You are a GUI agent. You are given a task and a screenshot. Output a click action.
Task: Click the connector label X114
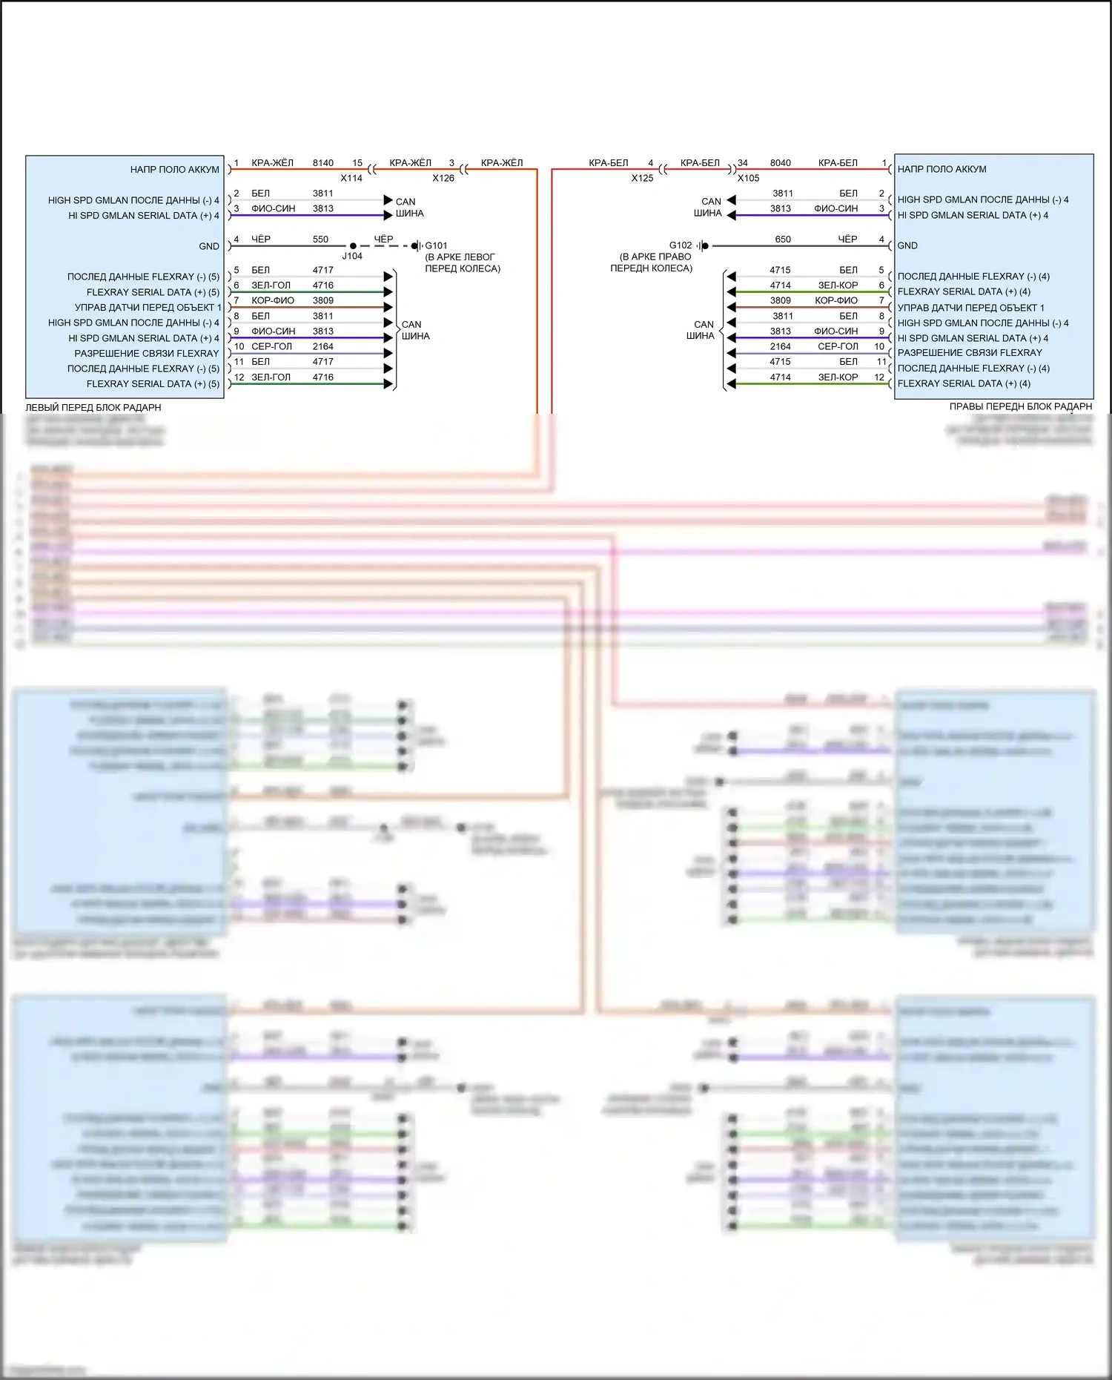click(351, 178)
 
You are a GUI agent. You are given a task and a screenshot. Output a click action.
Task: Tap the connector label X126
click(443, 178)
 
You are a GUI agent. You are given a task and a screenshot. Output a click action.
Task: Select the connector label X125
click(642, 178)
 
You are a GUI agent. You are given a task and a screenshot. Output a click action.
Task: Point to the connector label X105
click(748, 178)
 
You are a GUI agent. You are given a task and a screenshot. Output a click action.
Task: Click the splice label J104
click(352, 256)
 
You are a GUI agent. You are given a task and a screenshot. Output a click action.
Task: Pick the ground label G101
click(436, 245)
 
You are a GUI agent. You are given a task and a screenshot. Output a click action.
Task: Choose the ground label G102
click(680, 245)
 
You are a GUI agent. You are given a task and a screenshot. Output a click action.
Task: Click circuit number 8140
click(322, 162)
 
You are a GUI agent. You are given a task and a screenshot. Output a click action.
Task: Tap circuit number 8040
click(780, 162)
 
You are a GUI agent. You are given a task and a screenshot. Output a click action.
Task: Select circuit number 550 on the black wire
click(320, 239)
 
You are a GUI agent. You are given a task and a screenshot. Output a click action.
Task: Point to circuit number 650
click(783, 239)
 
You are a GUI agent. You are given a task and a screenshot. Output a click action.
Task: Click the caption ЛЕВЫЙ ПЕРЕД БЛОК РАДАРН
click(93, 407)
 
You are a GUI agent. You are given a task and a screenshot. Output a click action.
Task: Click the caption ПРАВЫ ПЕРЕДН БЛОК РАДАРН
click(1020, 406)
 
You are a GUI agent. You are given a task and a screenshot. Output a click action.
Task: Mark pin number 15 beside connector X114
click(357, 162)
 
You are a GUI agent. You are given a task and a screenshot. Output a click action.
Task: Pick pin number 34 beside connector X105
click(742, 162)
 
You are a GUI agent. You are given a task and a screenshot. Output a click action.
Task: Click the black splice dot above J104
click(353, 245)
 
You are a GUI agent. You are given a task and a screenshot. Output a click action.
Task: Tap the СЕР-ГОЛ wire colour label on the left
click(271, 346)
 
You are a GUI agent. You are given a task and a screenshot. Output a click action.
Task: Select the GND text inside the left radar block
click(209, 246)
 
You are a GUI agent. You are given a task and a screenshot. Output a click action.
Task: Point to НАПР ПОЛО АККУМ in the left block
click(175, 169)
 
